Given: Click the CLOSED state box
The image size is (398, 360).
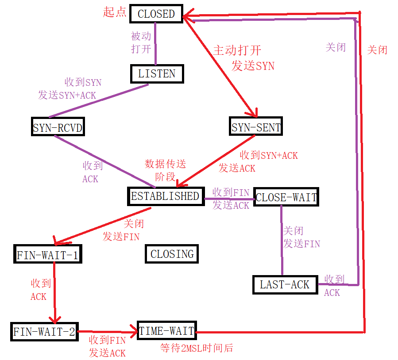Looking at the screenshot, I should tap(156, 14).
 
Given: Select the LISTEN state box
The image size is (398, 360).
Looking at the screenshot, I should tap(157, 73).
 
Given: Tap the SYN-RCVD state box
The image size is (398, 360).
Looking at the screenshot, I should tap(58, 128).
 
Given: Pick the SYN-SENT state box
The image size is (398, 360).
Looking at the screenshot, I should tap(256, 127).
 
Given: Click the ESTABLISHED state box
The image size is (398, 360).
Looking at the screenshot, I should tap(165, 196).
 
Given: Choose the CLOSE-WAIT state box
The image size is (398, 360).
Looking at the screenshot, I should tap(286, 197).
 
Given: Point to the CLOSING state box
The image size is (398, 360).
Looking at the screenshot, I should tap(172, 254).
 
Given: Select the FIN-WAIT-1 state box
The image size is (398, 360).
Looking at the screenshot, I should tap(48, 255).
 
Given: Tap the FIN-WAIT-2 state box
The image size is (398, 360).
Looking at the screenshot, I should tap(44, 331).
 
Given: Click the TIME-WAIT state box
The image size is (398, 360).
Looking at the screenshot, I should tap(166, 331).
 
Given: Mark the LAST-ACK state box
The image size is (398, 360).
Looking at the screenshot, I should tap(285, 284).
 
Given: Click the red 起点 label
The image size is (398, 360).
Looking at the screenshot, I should tap(115, 12).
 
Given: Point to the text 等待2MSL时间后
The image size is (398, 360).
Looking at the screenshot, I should tap(196, 348).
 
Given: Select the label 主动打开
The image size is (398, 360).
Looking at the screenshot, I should tap(237, 50).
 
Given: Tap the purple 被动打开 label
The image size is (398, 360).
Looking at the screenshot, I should tap(141, 42).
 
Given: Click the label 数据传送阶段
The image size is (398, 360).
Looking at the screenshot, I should tap(166, 170).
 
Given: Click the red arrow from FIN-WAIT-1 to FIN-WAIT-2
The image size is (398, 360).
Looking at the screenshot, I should tap(54, 292).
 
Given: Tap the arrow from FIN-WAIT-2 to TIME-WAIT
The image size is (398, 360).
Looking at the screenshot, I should tap(106, 331).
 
